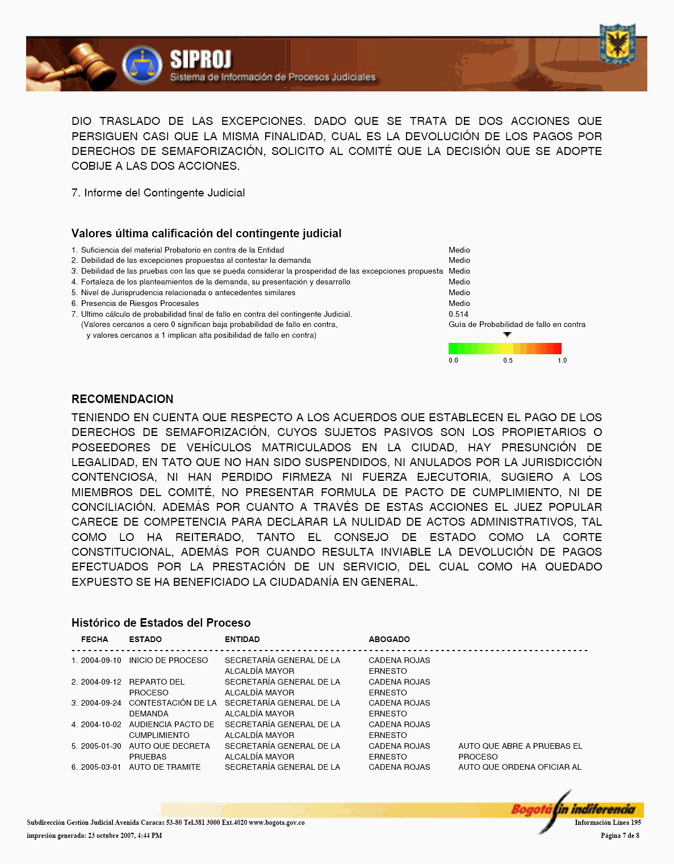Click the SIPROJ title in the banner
(200, 60)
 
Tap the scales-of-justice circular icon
(142, 65)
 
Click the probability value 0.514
(458, 314)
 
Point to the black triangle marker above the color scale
(507, 334)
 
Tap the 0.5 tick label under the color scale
(508, 360)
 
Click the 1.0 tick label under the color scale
(562, 360)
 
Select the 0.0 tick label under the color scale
(453, 360)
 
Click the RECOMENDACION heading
(122, 399)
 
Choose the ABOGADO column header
(389, 639)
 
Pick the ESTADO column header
(145, 639)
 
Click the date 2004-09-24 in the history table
(101, 703)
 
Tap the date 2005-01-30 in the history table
(101, 746)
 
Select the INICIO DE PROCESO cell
(168, 660)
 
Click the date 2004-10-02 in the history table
(101, 724)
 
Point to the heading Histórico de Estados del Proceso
(161, 623)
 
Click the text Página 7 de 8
(619, 836)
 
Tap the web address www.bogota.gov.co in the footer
(277, 823)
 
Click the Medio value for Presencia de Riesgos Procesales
(459, 303)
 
